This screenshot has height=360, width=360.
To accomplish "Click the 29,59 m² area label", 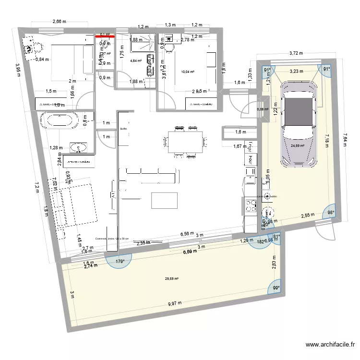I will [171, 278].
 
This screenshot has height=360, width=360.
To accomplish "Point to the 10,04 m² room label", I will [187, 72].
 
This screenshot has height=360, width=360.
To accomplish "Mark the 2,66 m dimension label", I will [59, 22].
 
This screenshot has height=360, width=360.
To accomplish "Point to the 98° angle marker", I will [331, 212].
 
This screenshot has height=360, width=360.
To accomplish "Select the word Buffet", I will [122, 129].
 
